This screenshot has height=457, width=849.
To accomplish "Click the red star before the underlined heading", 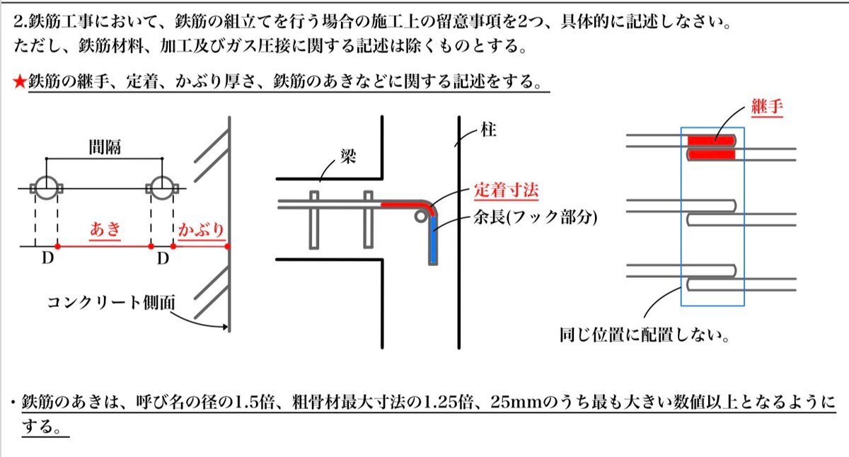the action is [x=19, y=81].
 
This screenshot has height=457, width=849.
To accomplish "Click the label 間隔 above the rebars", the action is [x=105, y=147].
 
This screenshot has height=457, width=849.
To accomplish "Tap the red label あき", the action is [x=105, y=229].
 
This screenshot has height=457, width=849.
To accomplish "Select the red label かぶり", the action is [x=201, y=230].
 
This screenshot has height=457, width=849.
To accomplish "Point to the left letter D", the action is [x=48, y=258].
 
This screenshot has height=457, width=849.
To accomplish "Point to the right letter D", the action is [x=163, y=258].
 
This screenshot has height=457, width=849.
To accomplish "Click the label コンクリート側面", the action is [x=112, y=303].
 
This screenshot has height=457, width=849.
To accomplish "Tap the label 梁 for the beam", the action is [x=348, y=156].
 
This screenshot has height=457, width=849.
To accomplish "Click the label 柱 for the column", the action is [x=488, y=129].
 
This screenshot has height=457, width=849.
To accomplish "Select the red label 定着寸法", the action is [x=507, y=190].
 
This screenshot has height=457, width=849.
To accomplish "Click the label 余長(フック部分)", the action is [x=535, y=217].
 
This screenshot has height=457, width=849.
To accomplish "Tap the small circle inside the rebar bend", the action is [x=421, y=216].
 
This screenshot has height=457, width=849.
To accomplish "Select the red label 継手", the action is [x=767, y=107].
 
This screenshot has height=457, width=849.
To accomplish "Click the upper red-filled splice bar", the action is [x=711, y=141].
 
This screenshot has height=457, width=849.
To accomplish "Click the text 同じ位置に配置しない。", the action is [x=645, y=335].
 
